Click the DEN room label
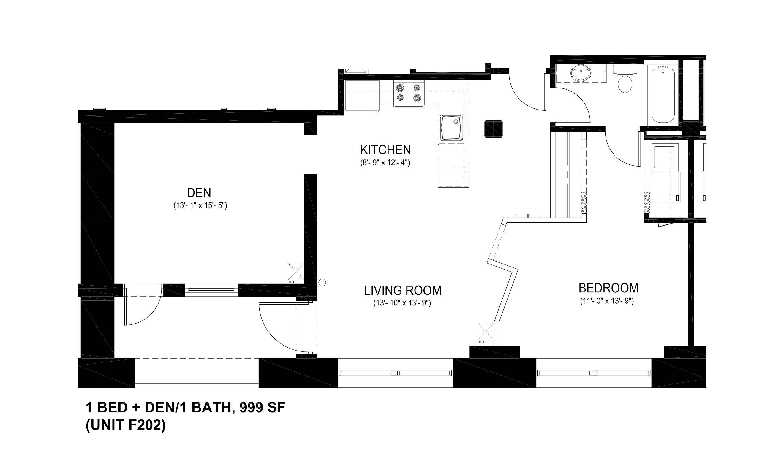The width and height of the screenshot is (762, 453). pyautogui.click(x=199, y=193)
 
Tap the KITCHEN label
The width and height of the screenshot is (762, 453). pyautogui.click(x=385, y=150)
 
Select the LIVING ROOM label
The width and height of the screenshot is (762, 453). pyautogui.click(x=402, y=291)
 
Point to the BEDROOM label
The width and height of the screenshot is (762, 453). pyautogui.click(x=608, y=288)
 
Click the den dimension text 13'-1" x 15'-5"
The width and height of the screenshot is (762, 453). pyautogui.click(x=200, y=206)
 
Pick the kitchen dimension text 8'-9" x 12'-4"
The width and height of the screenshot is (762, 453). pyautogui.click(x=385, y=163)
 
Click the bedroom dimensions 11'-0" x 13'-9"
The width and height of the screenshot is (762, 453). pyautogui.click(x=607, y=301)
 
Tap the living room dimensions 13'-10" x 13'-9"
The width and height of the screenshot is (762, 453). pyautogui.click(x=402, y=303)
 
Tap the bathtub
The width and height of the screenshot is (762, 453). pyautogui.click(x=663, y=95)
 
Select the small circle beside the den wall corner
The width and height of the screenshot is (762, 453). pyautogui.click(x=322, y=282)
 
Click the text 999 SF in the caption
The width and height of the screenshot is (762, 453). pyautogui.click(x=262, y=408)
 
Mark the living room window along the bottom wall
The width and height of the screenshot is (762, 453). pyautogui.click(x=395, y=373)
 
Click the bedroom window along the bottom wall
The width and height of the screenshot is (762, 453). pyautogui.click(x=594, y=373)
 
